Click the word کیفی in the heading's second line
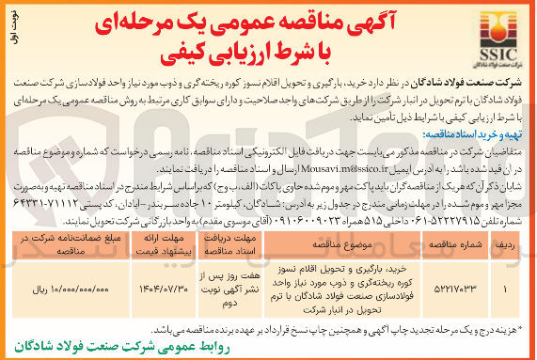[187, 54]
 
